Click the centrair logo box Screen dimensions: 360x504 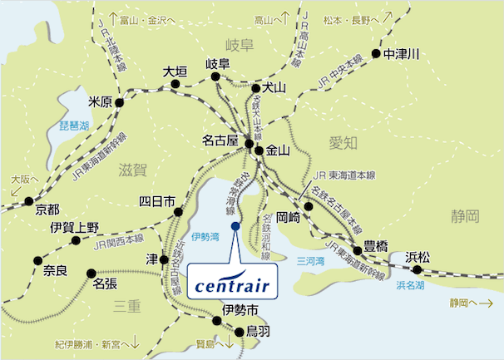pyautogui.click(x=234, y=281)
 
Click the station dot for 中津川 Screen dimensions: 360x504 pyautogui.click(x=376, y=54)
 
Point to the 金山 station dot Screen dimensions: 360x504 pyautogui.click(x=259, y=151)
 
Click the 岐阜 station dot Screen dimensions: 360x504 pyautogui.click(x=216, y=77)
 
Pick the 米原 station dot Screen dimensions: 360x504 pyautogui.click(x=120, y=103)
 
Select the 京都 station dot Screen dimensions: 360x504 pyautogui.click(x=29, y=200)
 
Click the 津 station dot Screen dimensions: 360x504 pyautogui.click(x=165, y=257)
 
